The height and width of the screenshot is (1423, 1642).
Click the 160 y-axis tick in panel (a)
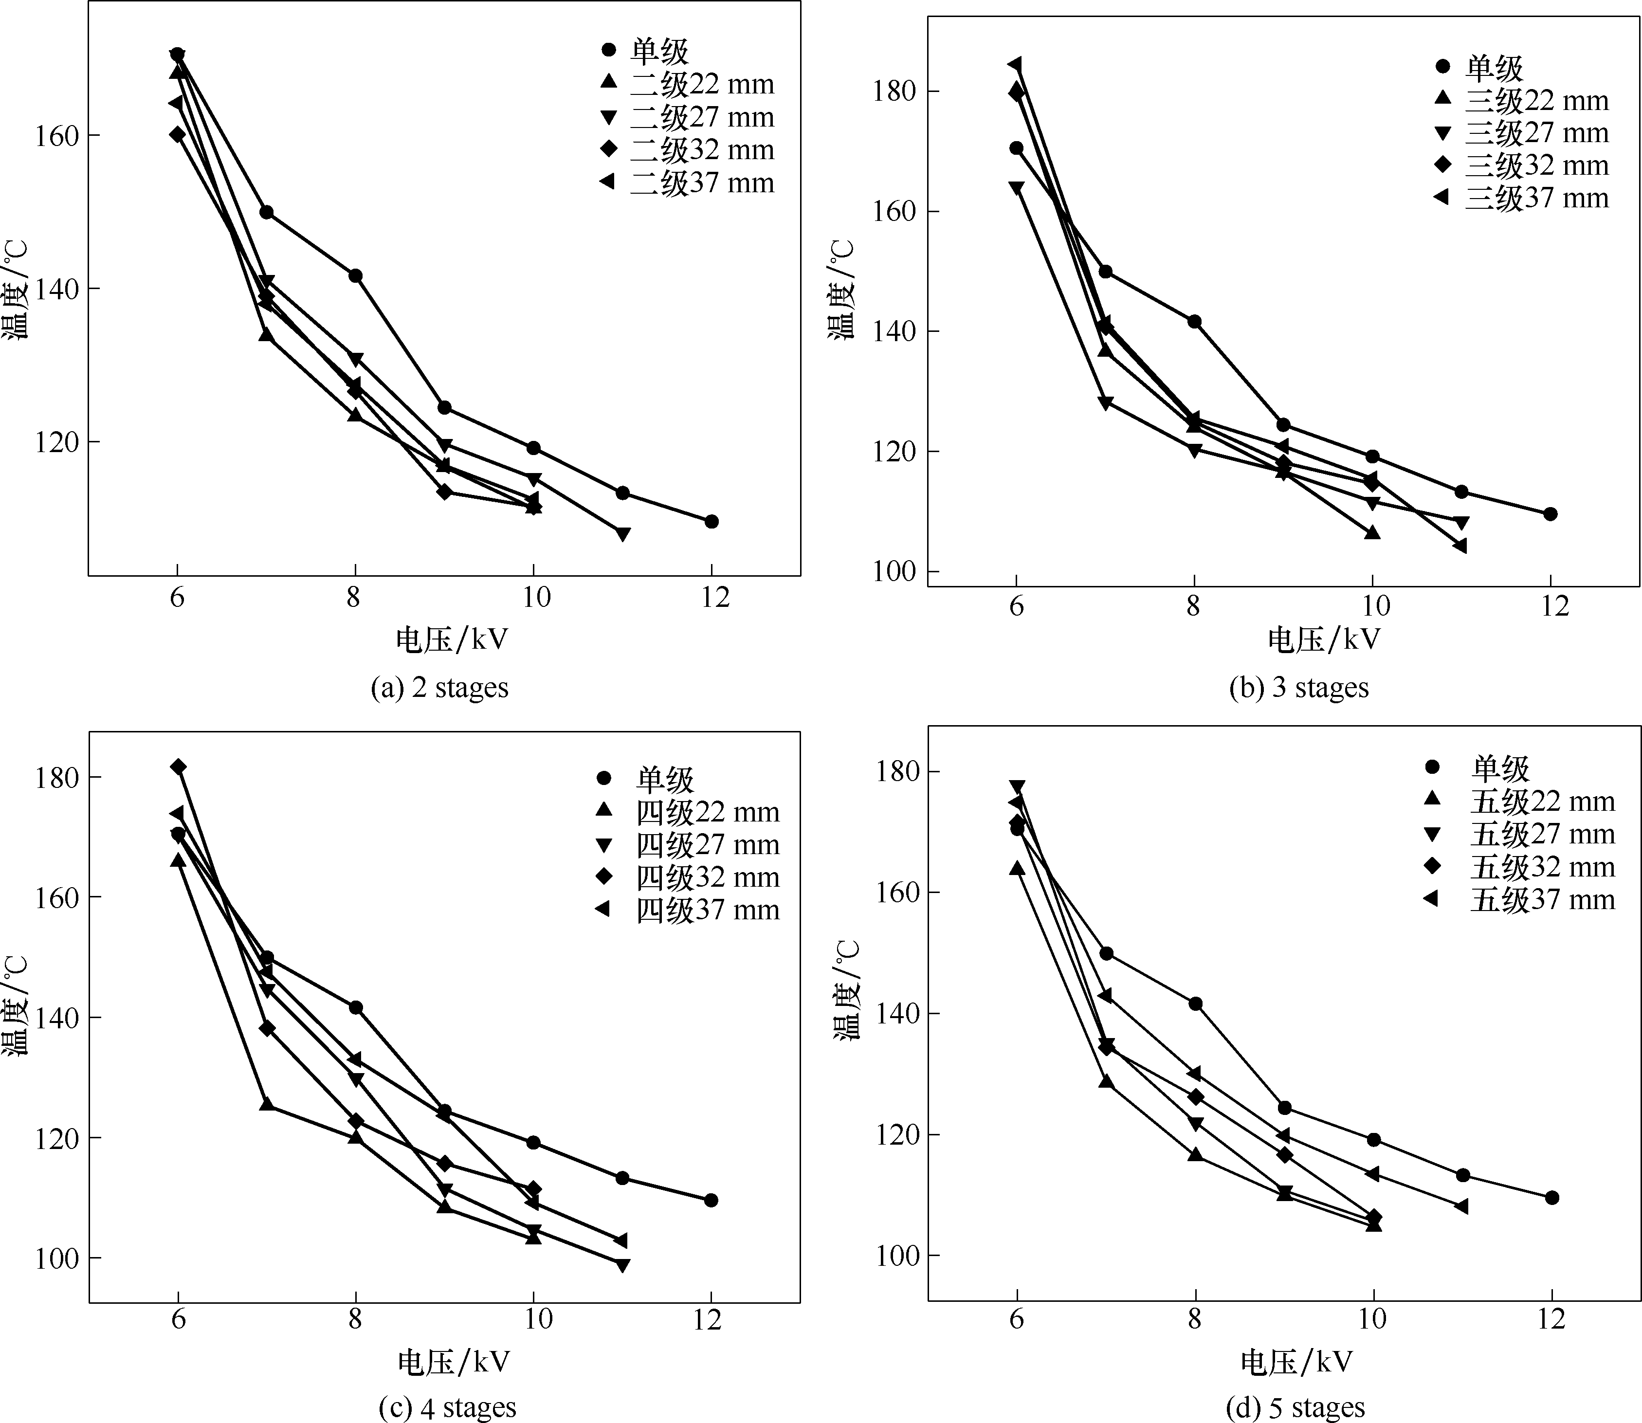pyautogui.click(x=56, y=136)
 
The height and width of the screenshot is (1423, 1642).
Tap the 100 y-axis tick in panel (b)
pyautogui.click(x=895, y=572)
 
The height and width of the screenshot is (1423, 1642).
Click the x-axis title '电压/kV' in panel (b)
pyautogui.click(x=1324, y=639)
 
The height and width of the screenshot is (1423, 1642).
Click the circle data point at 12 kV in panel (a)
pyautogui.click(x=712, y=522)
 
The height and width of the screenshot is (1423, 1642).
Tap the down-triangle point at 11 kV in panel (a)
pyautogui.click(x=622, y=533)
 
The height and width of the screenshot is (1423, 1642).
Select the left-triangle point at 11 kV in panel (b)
pyautogui.click(x=1460, y=546)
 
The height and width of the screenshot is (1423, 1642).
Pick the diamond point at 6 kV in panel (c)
pyautogui.click(x=179, y=767)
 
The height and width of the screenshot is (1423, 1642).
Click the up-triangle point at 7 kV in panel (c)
pyautogui.click(x=267, y=1105)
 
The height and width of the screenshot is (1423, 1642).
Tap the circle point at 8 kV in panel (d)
pyautogui.click(x=1195, y=1003)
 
